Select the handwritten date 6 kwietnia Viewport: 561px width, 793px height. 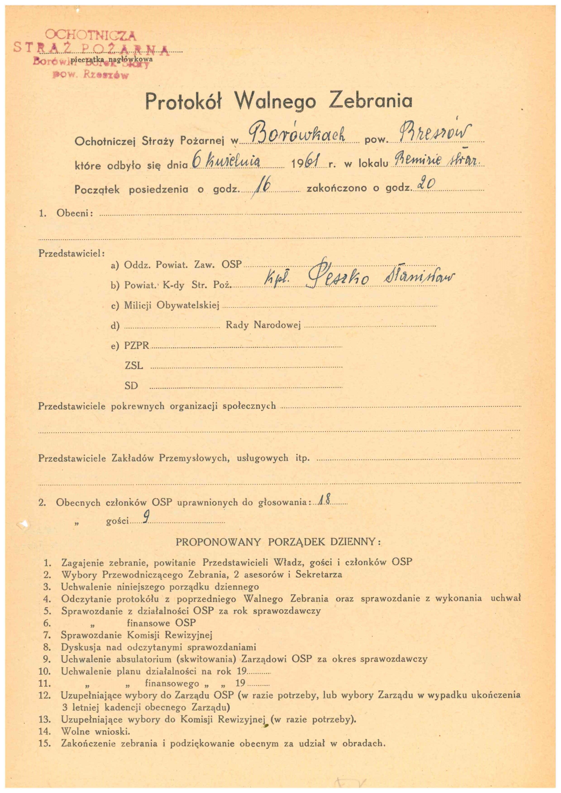click(226, 162)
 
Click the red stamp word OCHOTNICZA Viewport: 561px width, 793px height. click(91, 35)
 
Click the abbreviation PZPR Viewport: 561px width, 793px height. click(137, 346)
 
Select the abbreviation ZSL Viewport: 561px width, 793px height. click(134, 365)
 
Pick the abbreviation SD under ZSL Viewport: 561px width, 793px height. click(131, 386)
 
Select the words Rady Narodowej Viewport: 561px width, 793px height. click(263, 325)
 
